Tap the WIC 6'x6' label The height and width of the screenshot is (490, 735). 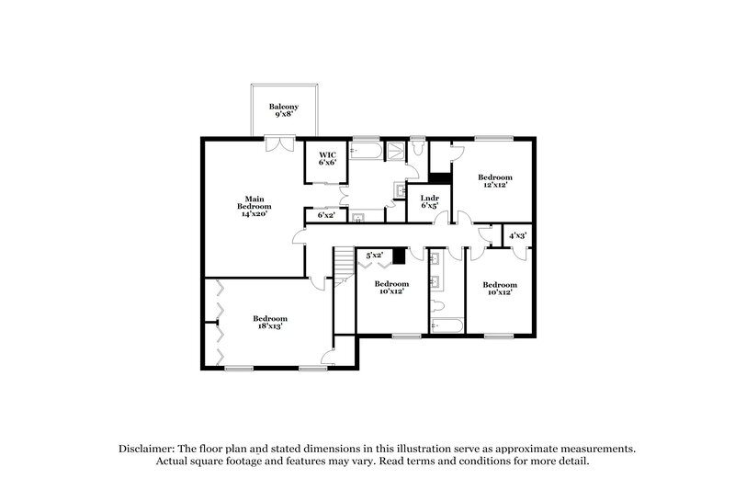pyautogui.click(x=328, y=158)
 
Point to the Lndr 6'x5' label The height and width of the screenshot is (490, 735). pyautogui.click(x=429, y=201)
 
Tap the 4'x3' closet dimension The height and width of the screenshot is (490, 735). pyautogui.click(x=517, y=236)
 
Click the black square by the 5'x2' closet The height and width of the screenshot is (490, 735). pyautogui.click(x=399, y=256)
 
